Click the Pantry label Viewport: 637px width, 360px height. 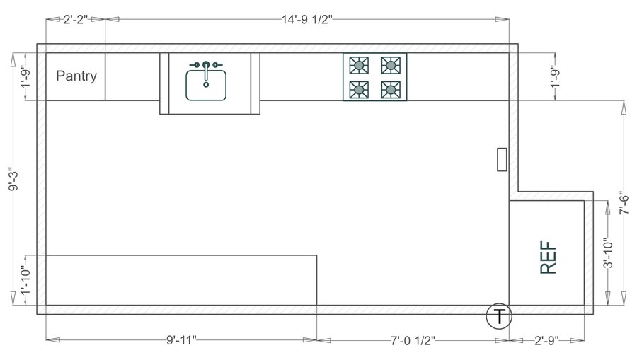pos(76,76)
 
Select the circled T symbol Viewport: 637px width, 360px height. pos(499,316)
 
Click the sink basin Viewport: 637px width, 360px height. pos(206,85)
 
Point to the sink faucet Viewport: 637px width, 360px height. pos(206,66)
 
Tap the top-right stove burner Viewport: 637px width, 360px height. pos(390,66)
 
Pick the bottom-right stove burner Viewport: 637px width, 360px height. pos(390,89)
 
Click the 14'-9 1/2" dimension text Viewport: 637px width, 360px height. pos(307,21)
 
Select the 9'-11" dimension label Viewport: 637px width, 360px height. pos(181,341)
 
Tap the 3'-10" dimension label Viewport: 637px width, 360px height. pos(607,252)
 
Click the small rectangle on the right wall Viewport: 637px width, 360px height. pos(502,159)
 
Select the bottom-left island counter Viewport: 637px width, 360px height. pos(180,280)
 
